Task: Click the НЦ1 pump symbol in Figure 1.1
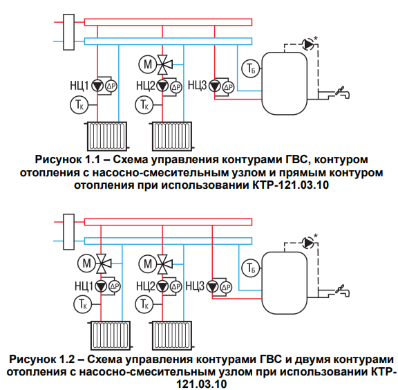click(97, 86)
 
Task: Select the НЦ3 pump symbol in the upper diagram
click(215, 86)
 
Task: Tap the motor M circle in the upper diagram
click(148, 64)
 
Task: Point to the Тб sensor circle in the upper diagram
click(251, 68)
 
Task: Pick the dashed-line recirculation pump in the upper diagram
click(308, 44)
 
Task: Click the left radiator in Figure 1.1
click(107, 136)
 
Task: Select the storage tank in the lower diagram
click(284, 283)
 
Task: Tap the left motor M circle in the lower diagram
click(86, 263)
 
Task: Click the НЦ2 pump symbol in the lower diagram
click(162, 286)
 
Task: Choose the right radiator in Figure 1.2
click(172, 335)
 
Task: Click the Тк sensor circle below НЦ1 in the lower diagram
click(82, 304)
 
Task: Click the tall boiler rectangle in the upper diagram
click(69, 32)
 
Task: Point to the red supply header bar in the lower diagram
click(168, 222)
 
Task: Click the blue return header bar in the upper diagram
click(168, 41)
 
